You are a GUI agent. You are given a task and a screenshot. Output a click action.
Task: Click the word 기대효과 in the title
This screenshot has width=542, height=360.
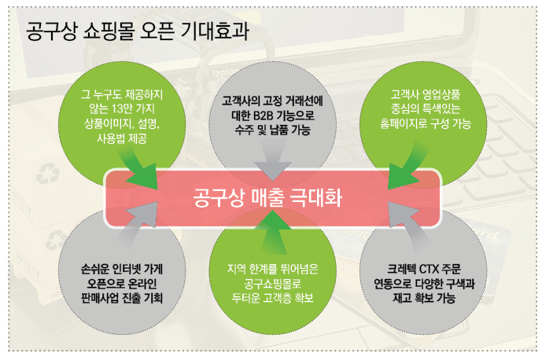tap(214, 31)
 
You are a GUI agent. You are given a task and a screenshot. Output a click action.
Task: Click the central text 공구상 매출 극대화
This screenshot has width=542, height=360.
tap(267, 198)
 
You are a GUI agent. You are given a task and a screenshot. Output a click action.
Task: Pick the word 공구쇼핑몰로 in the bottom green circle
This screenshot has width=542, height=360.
tap(272, 284)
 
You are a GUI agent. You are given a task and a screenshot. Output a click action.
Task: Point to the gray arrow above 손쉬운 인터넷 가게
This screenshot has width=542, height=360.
tap(139, 224)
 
